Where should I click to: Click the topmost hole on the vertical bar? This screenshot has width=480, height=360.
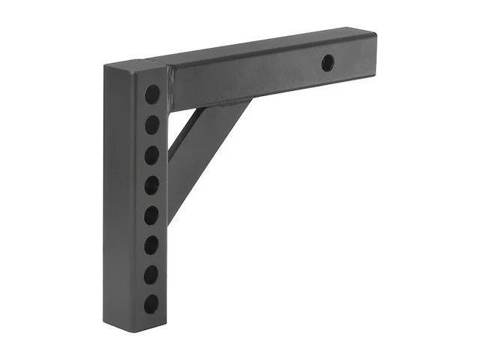click(152, 94)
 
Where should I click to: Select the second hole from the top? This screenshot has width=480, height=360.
click(152, 124)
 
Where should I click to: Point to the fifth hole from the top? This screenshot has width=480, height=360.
click(151, 215)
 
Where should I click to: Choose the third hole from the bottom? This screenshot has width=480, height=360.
click(151, 244)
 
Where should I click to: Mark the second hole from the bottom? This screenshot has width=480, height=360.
click(151, 274)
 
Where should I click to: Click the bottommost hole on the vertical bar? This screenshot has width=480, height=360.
click(151, 304)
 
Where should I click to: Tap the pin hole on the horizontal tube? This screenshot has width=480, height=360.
click(328, 63)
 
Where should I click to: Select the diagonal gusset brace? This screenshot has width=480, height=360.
click(202, 150)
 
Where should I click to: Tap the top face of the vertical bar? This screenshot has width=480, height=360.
click(135, 66)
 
